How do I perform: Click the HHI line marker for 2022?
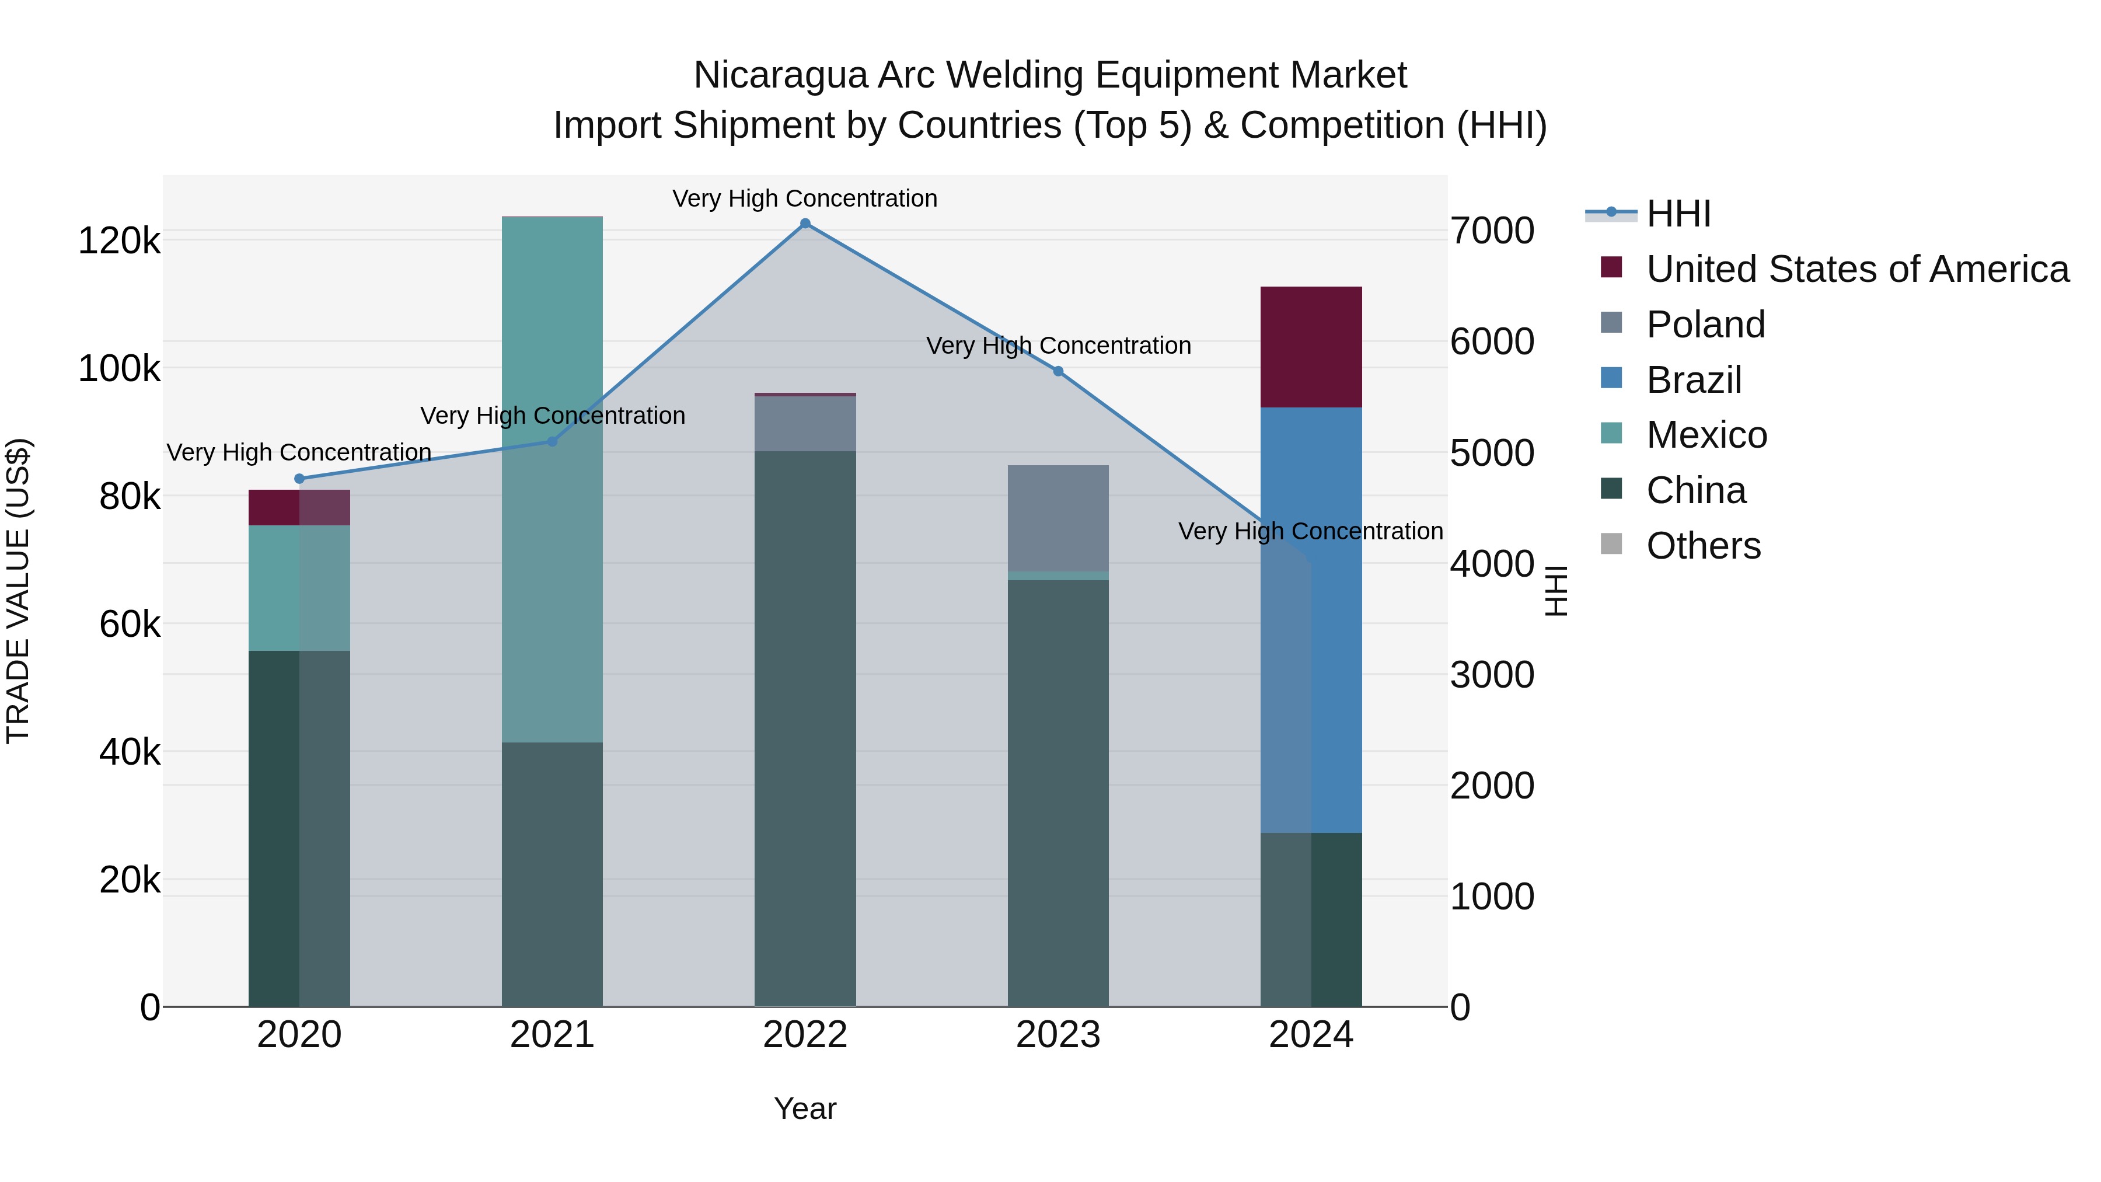[x=805, y=224]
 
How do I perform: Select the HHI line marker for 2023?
[x=1058, y=371]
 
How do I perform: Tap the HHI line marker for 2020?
[x=299, y=479]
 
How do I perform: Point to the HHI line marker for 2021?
[x=552, y=441]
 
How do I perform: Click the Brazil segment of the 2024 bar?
[x=1311, y=620]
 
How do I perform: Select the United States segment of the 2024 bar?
[x=1311, y=347]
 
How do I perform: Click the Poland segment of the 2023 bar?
[x=1058, y=518]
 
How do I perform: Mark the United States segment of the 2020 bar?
[x=299, y=507]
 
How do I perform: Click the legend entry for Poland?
[x=1705, y=325]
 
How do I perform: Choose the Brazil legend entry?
[x=1694, y=380]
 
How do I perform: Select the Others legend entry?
[x=1703, y=546]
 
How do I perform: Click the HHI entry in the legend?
[x=1678, y=214]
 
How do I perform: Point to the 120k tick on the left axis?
[x=119, y=242]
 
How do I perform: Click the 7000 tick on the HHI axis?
[x=1492, y=231]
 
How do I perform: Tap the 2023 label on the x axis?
[x=1058, y=1035]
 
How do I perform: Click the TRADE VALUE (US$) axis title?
[x=18, y=591]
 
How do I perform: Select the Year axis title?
[x=805, y=1108]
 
